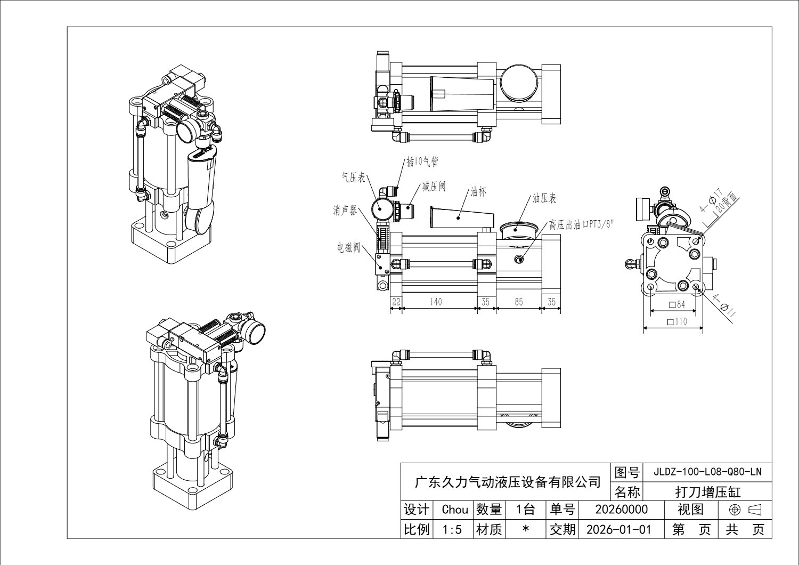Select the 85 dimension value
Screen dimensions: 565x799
coord(518,302)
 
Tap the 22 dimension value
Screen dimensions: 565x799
coord(396,302)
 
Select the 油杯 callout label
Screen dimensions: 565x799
coord(478,191)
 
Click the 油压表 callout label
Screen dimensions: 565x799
coord(544,198)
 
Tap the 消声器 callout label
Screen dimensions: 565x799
coord(345,211)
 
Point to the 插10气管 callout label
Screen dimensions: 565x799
coord(422,162)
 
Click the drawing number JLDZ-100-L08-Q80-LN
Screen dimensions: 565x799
coord(707,472)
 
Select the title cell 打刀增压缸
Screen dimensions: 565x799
coord(707,491)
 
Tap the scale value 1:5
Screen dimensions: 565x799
coord(455,529)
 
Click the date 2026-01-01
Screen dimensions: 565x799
coord(618,529)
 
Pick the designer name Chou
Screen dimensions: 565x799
coord(455,510)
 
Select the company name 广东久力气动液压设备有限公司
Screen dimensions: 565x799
coord(508,482)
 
